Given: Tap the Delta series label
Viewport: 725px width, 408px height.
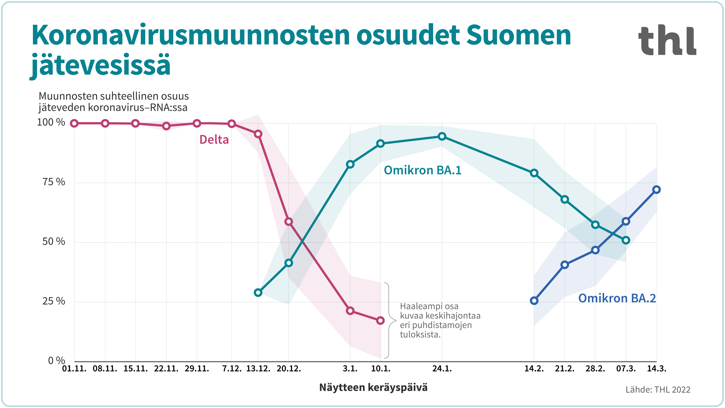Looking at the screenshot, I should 214,140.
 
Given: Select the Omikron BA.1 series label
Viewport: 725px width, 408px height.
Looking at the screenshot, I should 422,170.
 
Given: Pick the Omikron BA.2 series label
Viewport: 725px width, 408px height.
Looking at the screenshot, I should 617,298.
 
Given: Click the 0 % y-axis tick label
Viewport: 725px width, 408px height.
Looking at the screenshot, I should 56,360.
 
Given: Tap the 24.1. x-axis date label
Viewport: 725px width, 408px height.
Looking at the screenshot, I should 442,369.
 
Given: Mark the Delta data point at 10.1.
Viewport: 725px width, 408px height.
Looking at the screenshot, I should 380,320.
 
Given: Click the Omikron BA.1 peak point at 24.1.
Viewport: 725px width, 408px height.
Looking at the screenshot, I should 442,137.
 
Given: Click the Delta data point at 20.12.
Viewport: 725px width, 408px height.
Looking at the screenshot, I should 289,222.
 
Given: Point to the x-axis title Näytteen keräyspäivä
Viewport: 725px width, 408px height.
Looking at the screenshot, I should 373,387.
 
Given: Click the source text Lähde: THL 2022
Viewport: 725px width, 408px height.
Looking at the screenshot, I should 658,390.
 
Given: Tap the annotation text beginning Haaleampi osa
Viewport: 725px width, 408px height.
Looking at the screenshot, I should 440,320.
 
